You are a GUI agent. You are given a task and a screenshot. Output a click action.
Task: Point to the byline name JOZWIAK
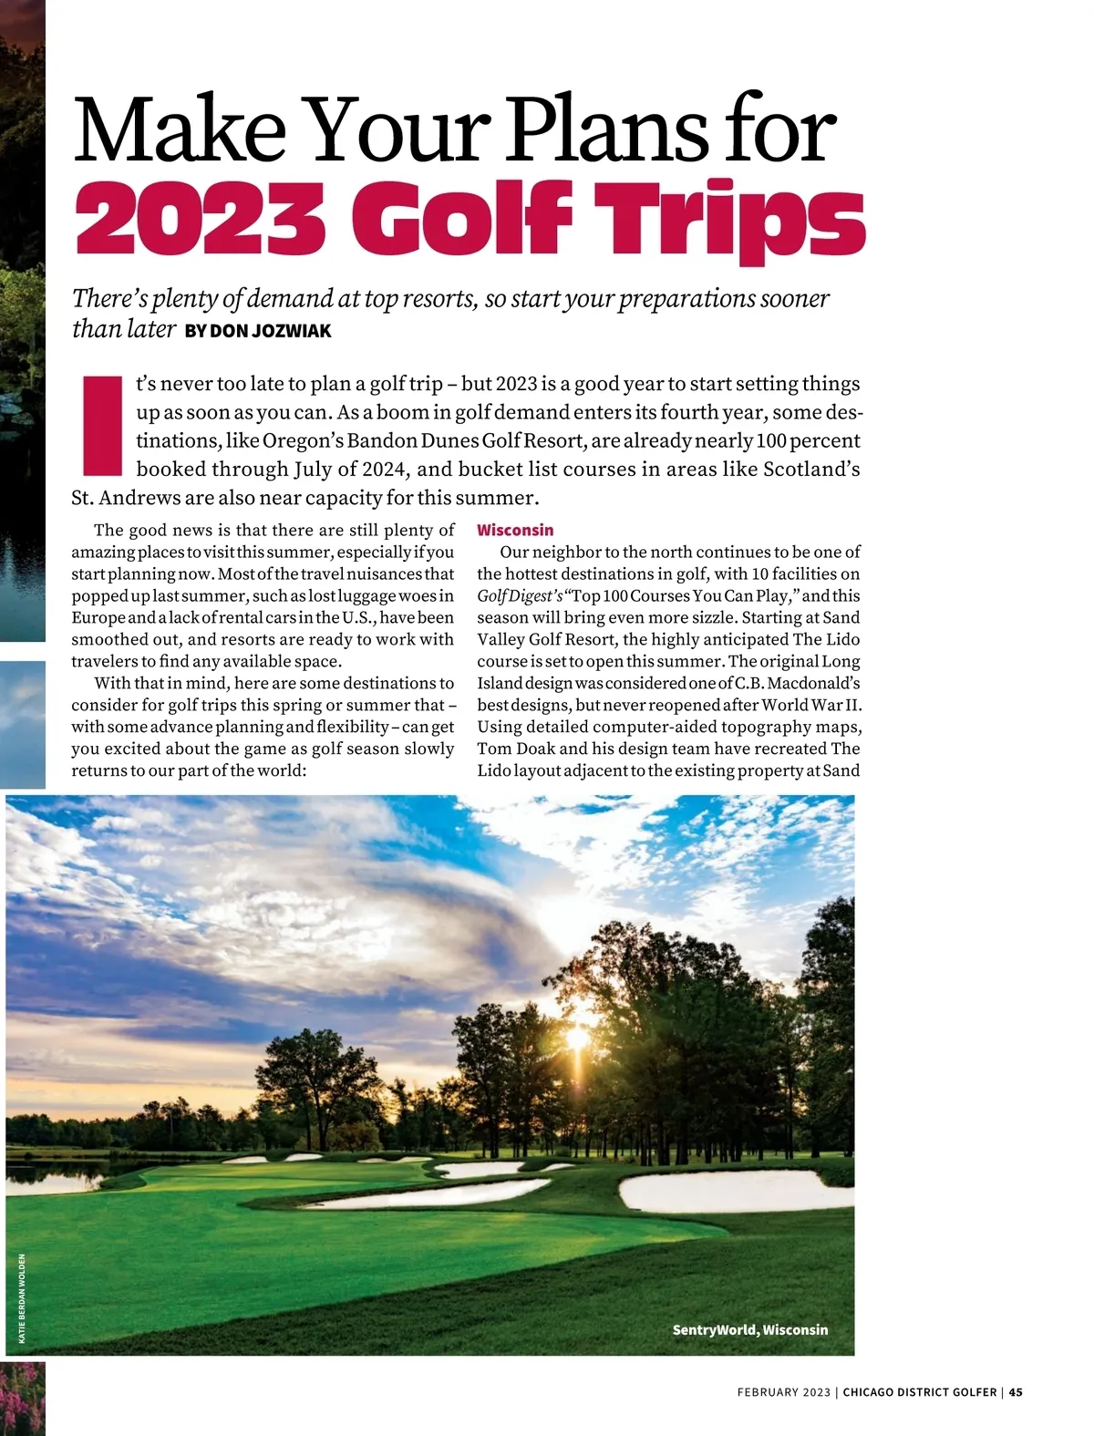tap(291, 331)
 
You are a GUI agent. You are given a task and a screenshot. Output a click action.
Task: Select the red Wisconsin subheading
tap(515, 530)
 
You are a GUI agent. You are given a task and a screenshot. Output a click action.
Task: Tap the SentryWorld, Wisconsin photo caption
tap(749, 1329)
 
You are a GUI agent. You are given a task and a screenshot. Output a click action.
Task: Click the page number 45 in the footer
tap(1016, 1392)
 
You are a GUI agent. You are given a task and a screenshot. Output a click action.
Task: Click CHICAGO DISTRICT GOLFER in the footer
tap(919, 1392)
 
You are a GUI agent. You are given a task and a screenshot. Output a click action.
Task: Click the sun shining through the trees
tap(577, 1038)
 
